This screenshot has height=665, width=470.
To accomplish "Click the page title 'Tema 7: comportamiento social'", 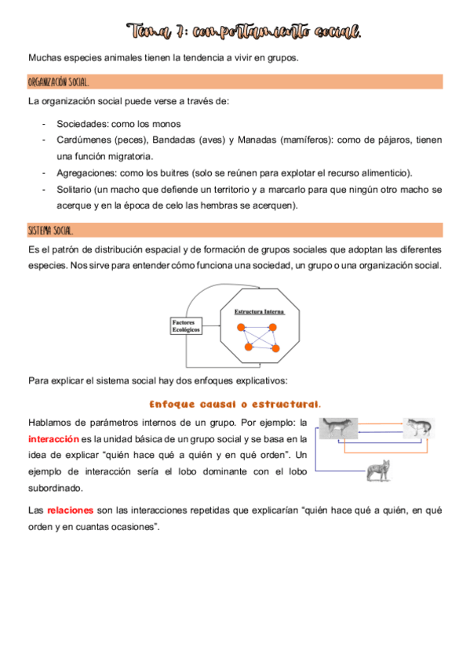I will (246, 32).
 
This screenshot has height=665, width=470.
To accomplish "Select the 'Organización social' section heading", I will (59, 82).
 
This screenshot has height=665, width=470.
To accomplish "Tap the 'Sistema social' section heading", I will (51, 230).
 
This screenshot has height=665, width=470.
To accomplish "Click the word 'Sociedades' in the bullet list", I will (82, 124).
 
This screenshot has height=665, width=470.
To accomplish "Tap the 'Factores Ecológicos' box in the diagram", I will (186, 325).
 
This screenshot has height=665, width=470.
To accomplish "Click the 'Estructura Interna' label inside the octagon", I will (260, 311).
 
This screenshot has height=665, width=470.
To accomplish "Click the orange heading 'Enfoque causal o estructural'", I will (235, 404).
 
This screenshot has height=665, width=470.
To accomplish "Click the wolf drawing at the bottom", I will (379, 473).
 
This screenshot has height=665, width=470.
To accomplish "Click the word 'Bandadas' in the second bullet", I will (174, 140).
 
